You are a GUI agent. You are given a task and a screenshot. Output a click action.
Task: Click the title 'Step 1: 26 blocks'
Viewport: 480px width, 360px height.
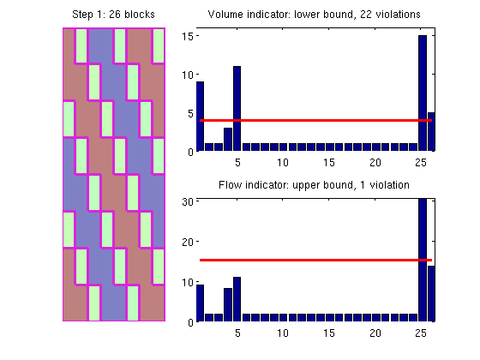(x=113, y=15)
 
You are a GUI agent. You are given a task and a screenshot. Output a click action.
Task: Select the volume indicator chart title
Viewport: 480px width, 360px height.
(x=314, y=15)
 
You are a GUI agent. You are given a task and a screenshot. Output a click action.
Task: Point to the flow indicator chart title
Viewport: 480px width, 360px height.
(x=314, y=185)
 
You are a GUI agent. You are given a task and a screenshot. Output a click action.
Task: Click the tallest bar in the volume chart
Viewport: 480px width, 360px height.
(x=423, y=93)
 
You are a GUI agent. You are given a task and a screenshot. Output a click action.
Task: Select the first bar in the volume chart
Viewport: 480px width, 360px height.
(x=200, y=117)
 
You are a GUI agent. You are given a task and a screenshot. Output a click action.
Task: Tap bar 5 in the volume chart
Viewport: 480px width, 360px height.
(x=237, y=108)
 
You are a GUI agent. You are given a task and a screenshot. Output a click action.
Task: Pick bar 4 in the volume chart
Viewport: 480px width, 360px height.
(x=228, y=139)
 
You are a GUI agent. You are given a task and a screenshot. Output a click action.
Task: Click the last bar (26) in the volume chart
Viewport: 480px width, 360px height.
(x=431, y=132)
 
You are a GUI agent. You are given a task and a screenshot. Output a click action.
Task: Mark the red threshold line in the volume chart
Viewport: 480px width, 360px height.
(x=315, y=120)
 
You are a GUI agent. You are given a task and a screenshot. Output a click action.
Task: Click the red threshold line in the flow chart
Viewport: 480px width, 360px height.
(x=315, y=261)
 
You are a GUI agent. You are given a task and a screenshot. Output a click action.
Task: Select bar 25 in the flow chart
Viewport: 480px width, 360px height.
(x=423, y=260)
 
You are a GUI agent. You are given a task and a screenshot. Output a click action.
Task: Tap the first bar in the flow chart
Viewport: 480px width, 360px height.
(x=200, y=303)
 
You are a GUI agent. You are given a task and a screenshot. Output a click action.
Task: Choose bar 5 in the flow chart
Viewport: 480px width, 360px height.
(x=237, y=299)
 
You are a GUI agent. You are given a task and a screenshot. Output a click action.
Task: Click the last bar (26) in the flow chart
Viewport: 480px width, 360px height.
(x=431, y=293)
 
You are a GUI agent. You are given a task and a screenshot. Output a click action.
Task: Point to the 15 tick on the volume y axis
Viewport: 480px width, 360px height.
(x=188, y=36)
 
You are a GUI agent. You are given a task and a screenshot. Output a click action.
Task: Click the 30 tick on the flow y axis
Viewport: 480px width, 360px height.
(x=188, y=201)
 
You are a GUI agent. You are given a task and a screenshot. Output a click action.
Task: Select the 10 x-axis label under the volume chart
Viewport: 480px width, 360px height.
(x=283, y=163)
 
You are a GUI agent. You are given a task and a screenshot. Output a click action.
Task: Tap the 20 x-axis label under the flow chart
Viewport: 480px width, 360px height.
(x=375, y=333)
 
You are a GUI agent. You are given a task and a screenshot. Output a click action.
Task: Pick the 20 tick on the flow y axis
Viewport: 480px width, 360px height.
(x=188, y=242)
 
